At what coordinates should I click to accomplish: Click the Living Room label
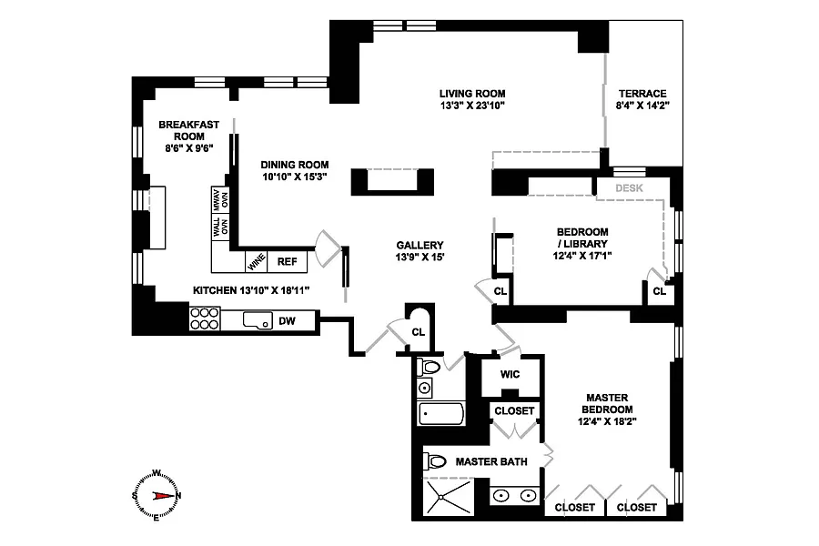click(472, 94)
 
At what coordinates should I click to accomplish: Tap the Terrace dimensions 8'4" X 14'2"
click(642, 105)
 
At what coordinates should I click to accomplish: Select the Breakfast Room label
click(189, 131)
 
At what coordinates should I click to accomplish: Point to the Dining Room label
click(295, 165)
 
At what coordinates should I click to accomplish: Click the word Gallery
click(420, 245)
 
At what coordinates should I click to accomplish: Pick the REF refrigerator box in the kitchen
click(287, 262)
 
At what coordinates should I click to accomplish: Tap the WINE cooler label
click(257, 262)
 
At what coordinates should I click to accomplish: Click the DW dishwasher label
click(287, 321)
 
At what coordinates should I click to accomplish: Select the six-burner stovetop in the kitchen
click(205, 318)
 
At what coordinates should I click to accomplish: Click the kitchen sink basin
click(258, 320)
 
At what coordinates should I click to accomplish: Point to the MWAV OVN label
click(220, 199)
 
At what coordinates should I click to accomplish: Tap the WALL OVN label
click(220, 227)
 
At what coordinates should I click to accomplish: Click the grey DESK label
click(629, 188)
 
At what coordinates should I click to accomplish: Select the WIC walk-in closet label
click(510, 374)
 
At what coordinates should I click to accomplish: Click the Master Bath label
click(491, 462)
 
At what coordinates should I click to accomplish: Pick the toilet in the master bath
click(435, 461)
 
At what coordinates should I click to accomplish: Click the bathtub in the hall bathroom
click(441, 414)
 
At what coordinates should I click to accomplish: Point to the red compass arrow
click(164, 496)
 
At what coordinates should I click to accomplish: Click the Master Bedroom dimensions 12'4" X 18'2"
click(607, 421)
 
